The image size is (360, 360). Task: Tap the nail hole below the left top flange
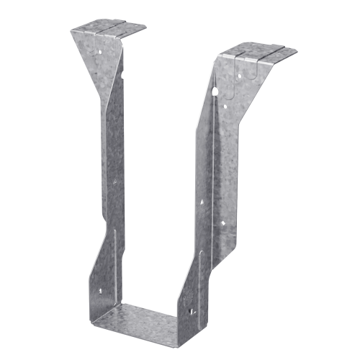click(x=123, y=74)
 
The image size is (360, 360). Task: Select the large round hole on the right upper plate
click(x=216, y=91)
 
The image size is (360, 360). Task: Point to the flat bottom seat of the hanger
click(x=144, y=317)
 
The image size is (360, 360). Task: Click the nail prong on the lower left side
click(x=102, y=292)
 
